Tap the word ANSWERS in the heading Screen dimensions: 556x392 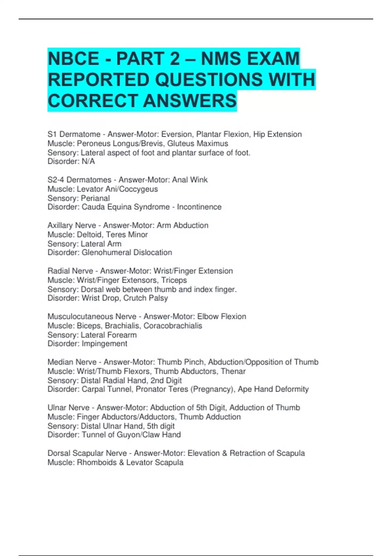(x=190, y=100)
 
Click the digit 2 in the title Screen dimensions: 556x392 (x=175, y=59)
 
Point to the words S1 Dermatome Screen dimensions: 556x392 (x=74, y=134)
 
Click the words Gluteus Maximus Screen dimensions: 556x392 (x=198, y=144)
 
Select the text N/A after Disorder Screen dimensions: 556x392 (x=88, y=162)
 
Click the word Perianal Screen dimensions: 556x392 (x=95, y=198)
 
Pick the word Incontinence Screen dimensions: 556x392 (x=199, y=207)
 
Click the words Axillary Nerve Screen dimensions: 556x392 (x=72, y=225)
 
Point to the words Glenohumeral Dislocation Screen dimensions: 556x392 (x=127, y=252)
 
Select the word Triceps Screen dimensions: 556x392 (x=174, y=280)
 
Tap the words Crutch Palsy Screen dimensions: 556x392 (x=146, y=298)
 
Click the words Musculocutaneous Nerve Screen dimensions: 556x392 (x=92, y=317)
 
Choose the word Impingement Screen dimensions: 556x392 (x=104, y=344)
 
